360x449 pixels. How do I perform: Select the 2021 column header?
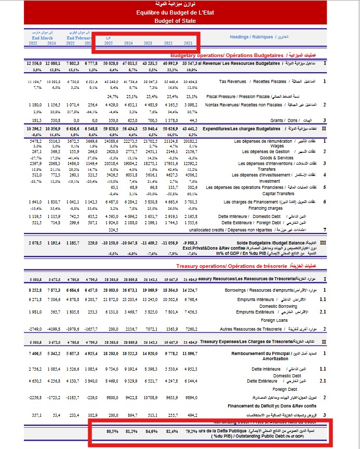pyautogui.click(x=188, y=44)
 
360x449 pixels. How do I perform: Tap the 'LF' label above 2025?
pyautogui.click(x=108, y=38)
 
